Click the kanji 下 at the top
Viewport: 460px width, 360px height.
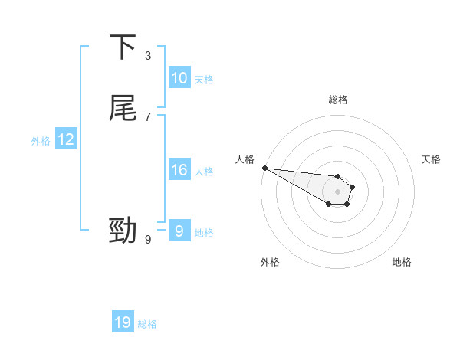(x=123, y=47)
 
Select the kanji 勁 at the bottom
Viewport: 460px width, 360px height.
(x=123, y=231)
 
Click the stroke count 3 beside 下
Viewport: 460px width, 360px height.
(x=148, y=55)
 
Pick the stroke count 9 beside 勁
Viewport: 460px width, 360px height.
(x=148, y=240)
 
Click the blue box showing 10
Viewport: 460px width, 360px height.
(x=179, y=78)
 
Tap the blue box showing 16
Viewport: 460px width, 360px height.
(x=179, y=170)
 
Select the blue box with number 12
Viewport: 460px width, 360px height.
(x=66, y=139)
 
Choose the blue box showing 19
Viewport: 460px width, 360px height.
(x=123, y=322)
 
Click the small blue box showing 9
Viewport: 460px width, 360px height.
(x=179, y=231)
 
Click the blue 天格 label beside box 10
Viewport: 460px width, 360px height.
(x=204, y=80)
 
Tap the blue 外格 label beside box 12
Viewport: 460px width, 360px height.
(x=41, y=141)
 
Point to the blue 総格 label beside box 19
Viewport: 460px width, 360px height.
(x=147, y=324)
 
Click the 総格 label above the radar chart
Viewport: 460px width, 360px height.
(x=338, y=100)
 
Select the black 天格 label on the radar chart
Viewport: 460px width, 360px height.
(x=432, y=159)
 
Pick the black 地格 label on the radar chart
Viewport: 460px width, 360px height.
(x=402, y=262)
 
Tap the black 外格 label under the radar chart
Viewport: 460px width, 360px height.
(x=270, y=262)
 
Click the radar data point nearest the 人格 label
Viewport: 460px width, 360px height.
(x=264, y=168)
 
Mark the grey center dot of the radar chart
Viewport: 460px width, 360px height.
(x=338, y=191)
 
